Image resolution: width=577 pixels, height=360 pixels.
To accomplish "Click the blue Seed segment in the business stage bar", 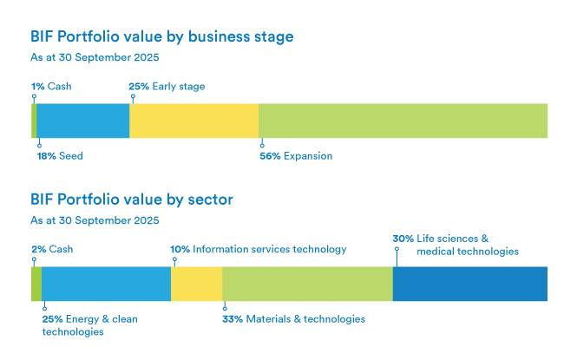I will [82, 121].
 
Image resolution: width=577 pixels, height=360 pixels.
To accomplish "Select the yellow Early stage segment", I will [193, 121].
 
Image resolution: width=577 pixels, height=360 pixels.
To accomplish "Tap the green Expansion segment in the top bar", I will [403, 121].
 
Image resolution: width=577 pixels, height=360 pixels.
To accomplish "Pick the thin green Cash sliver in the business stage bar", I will [34, 121].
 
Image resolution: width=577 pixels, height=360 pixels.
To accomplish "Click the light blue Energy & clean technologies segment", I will [106, 284].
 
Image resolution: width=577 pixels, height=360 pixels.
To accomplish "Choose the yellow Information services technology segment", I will [196, 284].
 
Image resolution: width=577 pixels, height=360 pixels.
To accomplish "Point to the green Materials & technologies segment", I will [307, 284].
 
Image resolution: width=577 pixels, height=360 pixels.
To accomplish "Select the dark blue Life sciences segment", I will [469, 284].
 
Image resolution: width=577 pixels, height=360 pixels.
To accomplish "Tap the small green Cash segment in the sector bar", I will [36, 284].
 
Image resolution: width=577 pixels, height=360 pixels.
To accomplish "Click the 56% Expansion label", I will [296, 156].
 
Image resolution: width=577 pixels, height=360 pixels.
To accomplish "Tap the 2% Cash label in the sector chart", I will [52, 249].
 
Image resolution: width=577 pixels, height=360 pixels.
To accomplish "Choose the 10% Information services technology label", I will [259, 249].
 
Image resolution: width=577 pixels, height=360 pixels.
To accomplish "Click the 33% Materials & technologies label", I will [293, 319].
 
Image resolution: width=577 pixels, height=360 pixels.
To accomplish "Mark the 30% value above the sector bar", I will [403, 239].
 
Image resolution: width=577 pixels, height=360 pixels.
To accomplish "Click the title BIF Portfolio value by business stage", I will [161, 37].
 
